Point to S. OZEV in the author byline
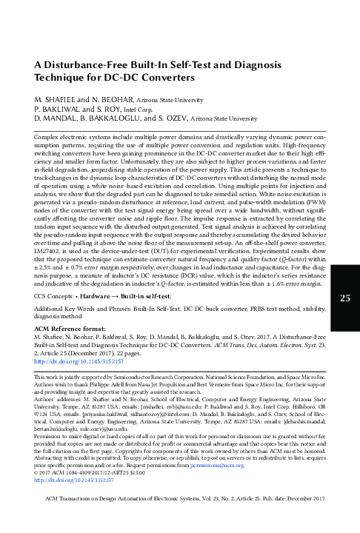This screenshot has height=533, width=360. click(x=170, y=117)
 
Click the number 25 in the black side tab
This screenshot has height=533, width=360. click(x=344, y=257)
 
